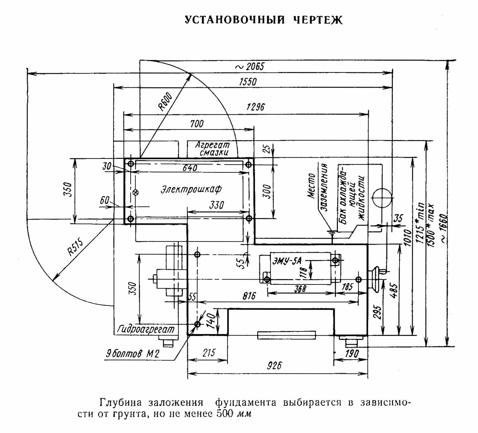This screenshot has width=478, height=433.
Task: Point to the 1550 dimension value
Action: tap(248, 82)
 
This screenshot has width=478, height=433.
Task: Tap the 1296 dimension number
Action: tap(256, 107)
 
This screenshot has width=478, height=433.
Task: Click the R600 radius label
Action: tap(165, 101)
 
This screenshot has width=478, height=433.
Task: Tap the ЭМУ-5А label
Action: tap(288, 261)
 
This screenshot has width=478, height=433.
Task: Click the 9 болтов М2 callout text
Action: tap(133, 353)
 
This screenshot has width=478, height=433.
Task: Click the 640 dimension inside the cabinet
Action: tap(190, 168)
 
